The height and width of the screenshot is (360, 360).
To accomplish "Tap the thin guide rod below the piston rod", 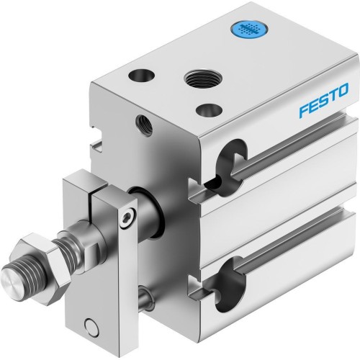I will point(145,293).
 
